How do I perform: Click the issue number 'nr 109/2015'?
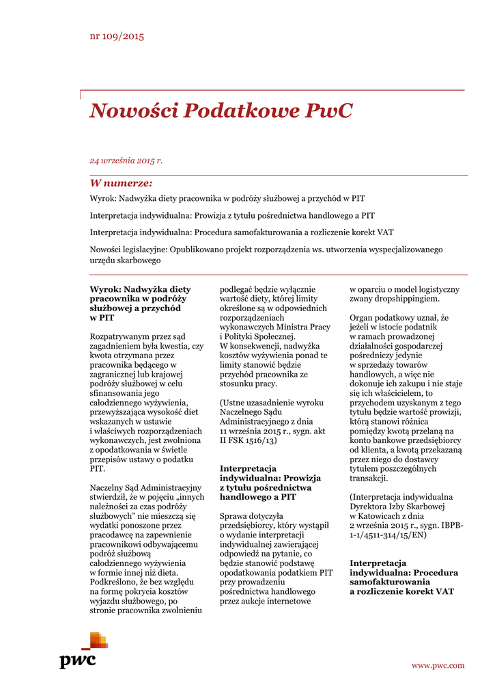(117, 36)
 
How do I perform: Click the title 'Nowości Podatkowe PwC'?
(221, 111)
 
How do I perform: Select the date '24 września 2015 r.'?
(126, 161)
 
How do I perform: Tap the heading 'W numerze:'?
(121, 183)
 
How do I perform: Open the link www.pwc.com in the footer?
(438, 665)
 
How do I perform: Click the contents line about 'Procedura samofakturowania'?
(242, 232)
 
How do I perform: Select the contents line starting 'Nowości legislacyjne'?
(266, 250)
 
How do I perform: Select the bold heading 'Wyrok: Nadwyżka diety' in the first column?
(140, 289)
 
